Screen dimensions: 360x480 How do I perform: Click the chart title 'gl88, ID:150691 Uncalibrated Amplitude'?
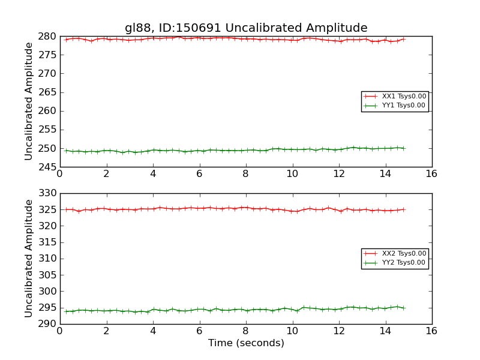click(246, 28)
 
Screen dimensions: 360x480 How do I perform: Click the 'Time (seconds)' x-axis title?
click(246, 343)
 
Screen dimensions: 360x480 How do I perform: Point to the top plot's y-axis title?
click(29, 101)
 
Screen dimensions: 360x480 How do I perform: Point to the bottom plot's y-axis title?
click(29, 258)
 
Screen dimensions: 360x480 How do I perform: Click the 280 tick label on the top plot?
click(48, 37)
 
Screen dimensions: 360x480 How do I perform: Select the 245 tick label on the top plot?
click(48, 167)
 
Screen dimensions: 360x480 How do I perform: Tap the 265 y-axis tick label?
click(48, 92)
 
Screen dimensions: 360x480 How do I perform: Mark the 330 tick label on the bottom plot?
click(48, 194)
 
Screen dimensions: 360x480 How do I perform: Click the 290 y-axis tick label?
click(48, 324)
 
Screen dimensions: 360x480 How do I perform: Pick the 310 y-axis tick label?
click(48, 259)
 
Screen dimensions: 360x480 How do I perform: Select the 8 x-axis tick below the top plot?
click(245, 174)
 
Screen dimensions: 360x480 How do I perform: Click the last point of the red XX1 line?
click(403, 39)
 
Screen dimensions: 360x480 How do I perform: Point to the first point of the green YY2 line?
click(66, 311)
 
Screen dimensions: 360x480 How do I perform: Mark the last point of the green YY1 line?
click(403, 148)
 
